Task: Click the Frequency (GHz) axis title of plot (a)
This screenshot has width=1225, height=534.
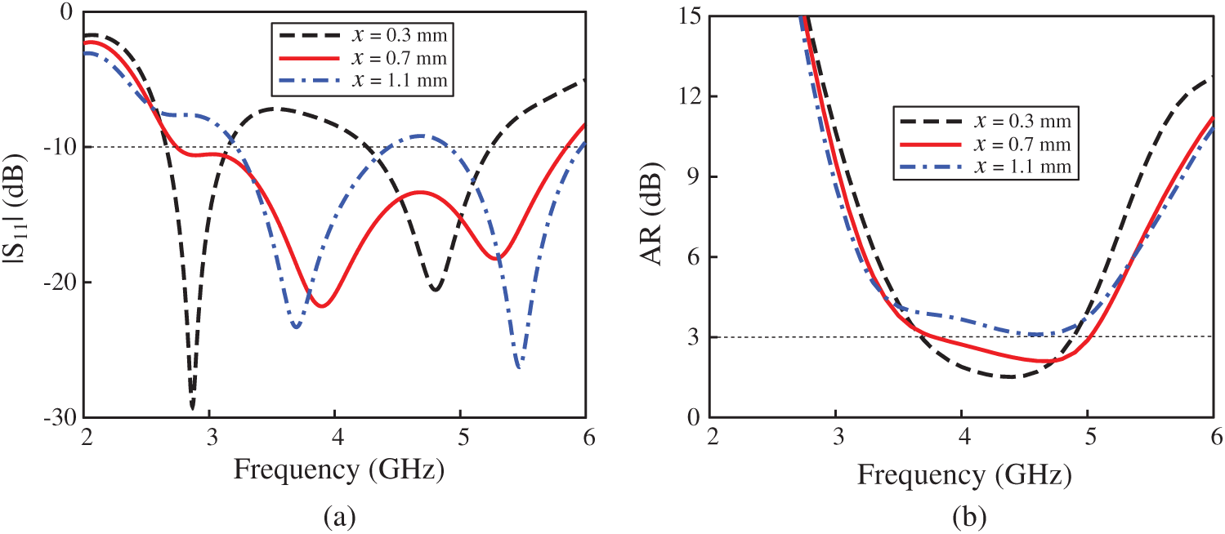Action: pos(339,469)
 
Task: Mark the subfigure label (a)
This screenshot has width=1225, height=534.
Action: pos(339,515)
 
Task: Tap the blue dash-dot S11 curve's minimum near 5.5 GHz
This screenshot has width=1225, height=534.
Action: pos(519,367)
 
